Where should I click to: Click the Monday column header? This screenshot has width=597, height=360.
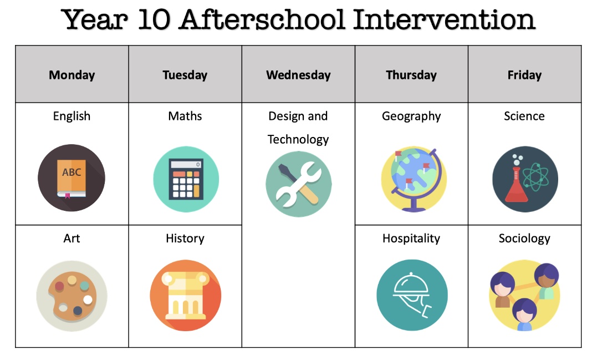pyautogui.click(x=72, y=75)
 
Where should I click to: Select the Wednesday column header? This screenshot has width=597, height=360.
pyautogui.click(x=298, y=75)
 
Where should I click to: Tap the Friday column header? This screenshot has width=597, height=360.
pyautogui.click(x=524, y=75)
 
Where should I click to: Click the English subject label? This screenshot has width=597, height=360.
pyautogui.click(x=72, y=116)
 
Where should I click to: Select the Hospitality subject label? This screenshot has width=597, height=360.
pyautogui.click(x=411, y=239)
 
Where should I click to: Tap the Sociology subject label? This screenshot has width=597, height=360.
pyautogui.click(x=524, y=239)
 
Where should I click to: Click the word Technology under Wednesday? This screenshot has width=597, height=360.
pyautogui.click(x=298, y=139)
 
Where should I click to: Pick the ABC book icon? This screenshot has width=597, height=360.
pyautogui.click(x=71, y=178)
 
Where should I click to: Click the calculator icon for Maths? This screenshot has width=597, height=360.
pyautogui.click(x=186, y=179)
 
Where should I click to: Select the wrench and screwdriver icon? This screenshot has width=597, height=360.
pyautogui.click(x=298, y=184)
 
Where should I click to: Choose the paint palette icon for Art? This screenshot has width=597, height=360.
pyautogui.click(x=72, y=295)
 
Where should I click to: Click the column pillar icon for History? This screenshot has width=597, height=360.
pyautogui.click(x=185, y=295)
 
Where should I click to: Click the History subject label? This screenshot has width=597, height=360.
pyautogui.click(x=185, y=239)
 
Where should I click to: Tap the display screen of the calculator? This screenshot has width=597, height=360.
pyautogui.click(x=186, y=165)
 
